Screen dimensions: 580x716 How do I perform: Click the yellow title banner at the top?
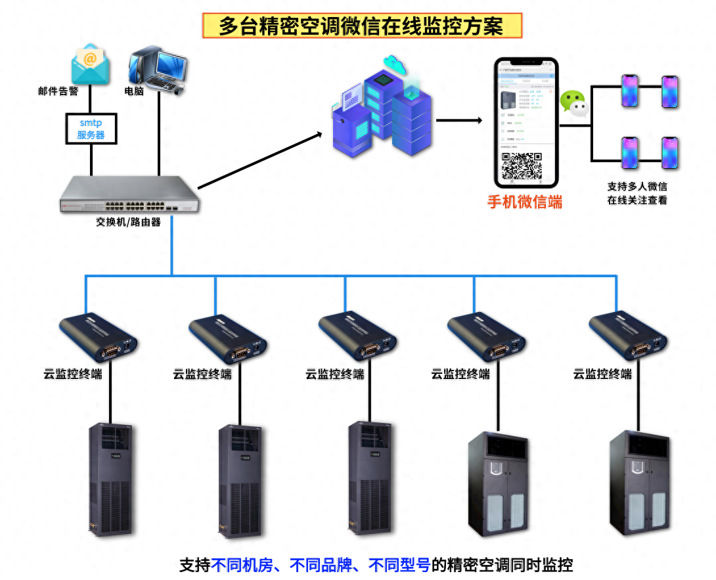(x=361, y=26)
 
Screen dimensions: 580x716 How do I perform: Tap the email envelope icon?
(x=91, y=64)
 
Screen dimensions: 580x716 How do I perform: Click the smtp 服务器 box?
(x=91, y=129)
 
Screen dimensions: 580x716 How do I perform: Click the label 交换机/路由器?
(x=129, y=222)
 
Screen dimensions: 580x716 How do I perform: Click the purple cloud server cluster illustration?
(x=384, y=108)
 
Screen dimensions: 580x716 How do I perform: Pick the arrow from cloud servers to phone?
(x=460, y=121)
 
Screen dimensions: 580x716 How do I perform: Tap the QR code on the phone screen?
(x=522, y=166)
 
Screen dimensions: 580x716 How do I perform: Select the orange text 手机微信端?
(x=524, y=202)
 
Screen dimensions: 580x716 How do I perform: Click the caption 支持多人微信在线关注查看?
(x=637, y=193)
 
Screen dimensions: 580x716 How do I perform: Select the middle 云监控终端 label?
(x=334, y=374)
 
